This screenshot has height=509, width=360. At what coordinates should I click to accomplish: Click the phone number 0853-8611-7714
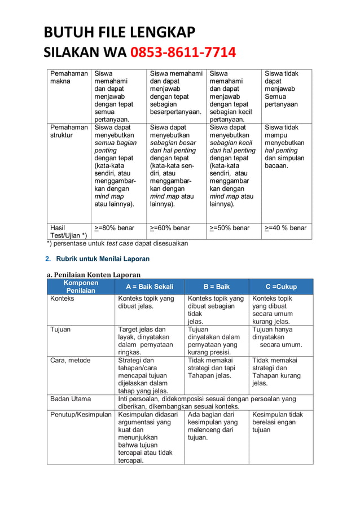pyautogui.click(x=183, y=53)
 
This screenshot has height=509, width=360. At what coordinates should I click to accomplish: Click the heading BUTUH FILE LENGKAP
pyautogui.click(x=120, y=32)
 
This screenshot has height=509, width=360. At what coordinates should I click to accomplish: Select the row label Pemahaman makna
pyautogui.click(x=69, y=77)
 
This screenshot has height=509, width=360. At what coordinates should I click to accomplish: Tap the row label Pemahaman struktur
pyautogui.click(x=69, y=131)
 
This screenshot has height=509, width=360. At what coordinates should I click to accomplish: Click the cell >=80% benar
pyautogui.click(x=115, y=228)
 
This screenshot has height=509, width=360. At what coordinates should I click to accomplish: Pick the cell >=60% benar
pyautogui.click(x=170, y=228)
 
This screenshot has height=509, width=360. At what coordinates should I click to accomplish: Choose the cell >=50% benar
pyautogui.click(x=230, y=228)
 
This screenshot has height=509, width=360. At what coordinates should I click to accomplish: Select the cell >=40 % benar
pyautogui.click(x=286, y=228)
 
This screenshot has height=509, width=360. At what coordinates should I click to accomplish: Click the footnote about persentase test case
pyautogui.click(x=117, y=243)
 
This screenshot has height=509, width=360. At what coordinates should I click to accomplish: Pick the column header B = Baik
pyautogui.click(x=217, y=287)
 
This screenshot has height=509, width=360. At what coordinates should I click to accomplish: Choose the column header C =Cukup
pyautogui.click(x=281, y=287)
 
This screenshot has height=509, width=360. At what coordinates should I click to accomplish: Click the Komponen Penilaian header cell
pyautogui.click(x=81, y=286)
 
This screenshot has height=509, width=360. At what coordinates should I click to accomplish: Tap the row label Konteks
pyautogui.click(x=62, y=299)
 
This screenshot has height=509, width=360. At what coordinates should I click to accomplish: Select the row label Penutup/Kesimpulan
pyautogui.click(x=81, y=414)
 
